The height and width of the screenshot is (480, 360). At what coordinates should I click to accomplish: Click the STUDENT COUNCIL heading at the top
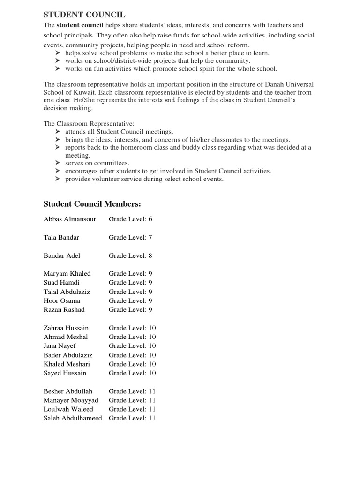click(x=84, y=15)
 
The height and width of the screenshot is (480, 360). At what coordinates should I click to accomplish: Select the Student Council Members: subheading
click(x=92, y=203)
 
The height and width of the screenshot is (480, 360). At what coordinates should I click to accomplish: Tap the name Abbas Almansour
click(x=69, y=219)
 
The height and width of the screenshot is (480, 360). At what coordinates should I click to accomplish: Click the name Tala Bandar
click(x=61, y=237)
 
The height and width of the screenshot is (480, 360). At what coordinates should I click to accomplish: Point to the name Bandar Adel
click(x=61, y=255)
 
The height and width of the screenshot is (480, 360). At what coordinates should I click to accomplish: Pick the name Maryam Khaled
click(x=67, y=273)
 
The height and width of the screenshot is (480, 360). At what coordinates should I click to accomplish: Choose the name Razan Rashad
click(x=64, y=309)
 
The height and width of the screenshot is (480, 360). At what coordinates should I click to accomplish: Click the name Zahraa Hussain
click(x=66, y=328)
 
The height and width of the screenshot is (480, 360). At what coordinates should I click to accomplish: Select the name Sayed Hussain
click(x=65, y=373)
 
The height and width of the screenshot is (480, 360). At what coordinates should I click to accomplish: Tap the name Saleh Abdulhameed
click(x=72, y=418)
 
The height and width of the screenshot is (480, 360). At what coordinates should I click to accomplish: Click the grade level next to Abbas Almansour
click(x=130, y=219)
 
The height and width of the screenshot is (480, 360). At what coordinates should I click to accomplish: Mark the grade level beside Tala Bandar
click(x=130, y=237)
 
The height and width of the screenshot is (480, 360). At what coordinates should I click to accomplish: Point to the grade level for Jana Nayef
click(x=132, y=345)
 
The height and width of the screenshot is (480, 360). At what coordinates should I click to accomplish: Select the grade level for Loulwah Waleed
click(x=132, y=409)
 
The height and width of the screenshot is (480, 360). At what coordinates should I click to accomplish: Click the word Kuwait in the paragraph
click(x=80, y=92)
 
